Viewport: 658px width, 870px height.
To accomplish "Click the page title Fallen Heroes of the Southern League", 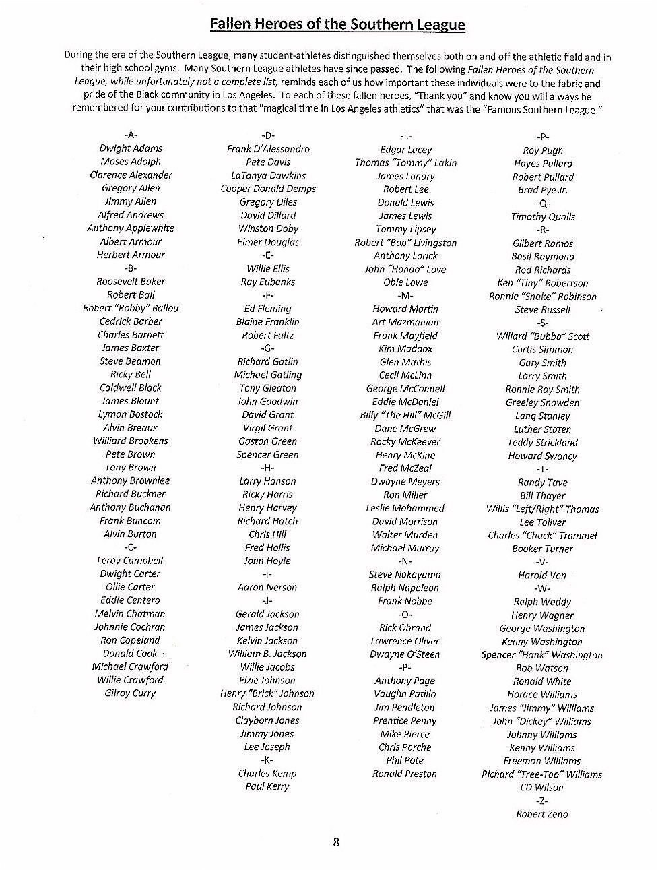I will tap(337, 25).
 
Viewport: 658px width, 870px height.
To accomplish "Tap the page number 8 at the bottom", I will tap(336, 842).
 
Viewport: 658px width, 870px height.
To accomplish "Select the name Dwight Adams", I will tap(131, 148).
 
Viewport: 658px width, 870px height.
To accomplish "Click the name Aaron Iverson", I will tap(267, 588).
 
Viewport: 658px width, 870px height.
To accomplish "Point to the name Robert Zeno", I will tap(541, 814).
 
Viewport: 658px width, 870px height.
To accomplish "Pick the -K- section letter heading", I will tap(267, 760).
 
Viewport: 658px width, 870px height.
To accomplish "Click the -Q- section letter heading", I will tap(542, 204).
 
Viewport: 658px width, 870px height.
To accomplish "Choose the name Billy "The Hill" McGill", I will tap(405, 415).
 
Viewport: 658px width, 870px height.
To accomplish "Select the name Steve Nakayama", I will tap(405, 575).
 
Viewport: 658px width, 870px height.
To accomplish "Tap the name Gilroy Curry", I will tap(130, 693).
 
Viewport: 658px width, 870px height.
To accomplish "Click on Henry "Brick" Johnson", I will tap(267, 693).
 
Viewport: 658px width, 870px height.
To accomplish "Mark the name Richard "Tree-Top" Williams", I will tap(541, 774).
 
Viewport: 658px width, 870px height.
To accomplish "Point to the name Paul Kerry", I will tap(267, 786).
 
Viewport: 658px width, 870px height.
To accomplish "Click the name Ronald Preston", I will tap(405, 774).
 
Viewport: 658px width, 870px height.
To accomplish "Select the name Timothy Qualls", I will tap(543, 217).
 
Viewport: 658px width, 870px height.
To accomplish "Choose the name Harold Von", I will tap(542, 576).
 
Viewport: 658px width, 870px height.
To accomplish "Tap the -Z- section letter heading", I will tap(541, 801).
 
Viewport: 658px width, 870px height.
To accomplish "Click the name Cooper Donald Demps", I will tap(268, 189).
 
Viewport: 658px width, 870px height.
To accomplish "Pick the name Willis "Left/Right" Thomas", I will tap(542, 509).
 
